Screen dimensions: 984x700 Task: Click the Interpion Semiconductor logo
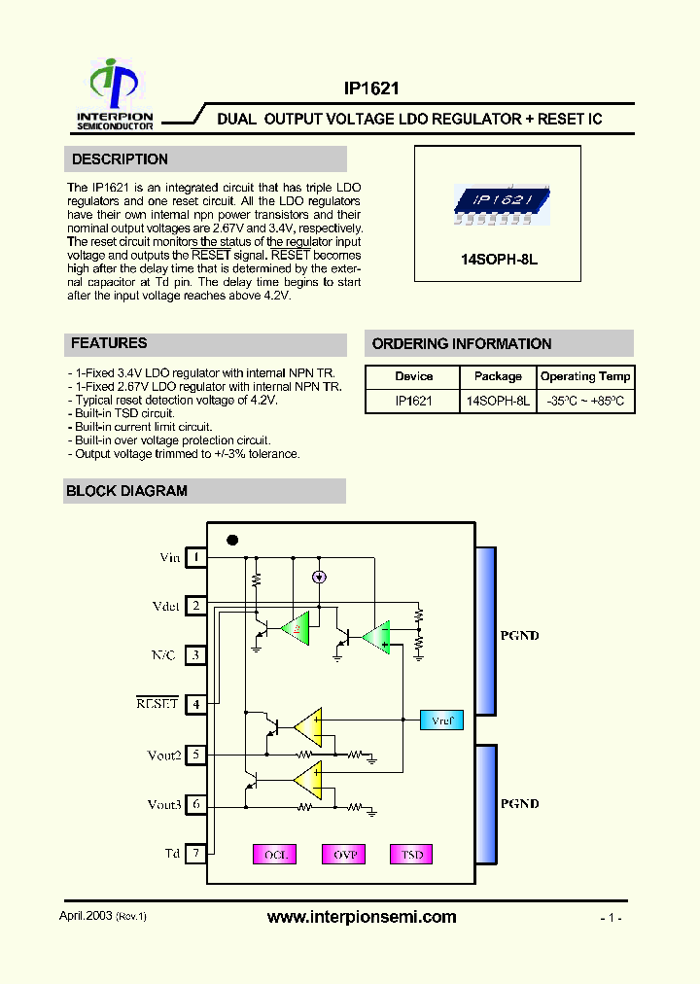tap(115, 94)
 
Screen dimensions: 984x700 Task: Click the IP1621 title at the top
tap(371, 88)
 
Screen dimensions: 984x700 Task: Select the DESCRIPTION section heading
tap(120, 159)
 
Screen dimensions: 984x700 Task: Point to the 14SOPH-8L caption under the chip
tap(498, 261)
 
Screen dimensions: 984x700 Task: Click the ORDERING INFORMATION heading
tap(462, 344)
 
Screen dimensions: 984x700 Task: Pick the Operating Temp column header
tap(585, 376)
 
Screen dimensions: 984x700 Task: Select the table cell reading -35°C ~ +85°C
tap(585, 401)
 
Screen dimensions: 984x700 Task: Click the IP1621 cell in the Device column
tap(413, 401)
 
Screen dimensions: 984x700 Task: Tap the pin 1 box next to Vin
tap(196, 557)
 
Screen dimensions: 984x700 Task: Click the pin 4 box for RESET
tap(196, 704)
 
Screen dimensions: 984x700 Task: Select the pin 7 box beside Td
tap(196, 854)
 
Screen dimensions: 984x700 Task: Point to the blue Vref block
tap(441, 720)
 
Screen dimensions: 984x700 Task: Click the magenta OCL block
tap(276, 855)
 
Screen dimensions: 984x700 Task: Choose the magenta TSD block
tap(412, 855)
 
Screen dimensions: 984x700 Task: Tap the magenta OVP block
tap(344, 855)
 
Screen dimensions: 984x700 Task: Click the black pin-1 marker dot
tap(232, 540)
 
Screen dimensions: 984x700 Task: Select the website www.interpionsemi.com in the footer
tap(361, 917)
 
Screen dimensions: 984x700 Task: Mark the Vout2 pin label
tap(164, 755)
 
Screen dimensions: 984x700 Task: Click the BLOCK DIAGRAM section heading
tap(126, 491)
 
